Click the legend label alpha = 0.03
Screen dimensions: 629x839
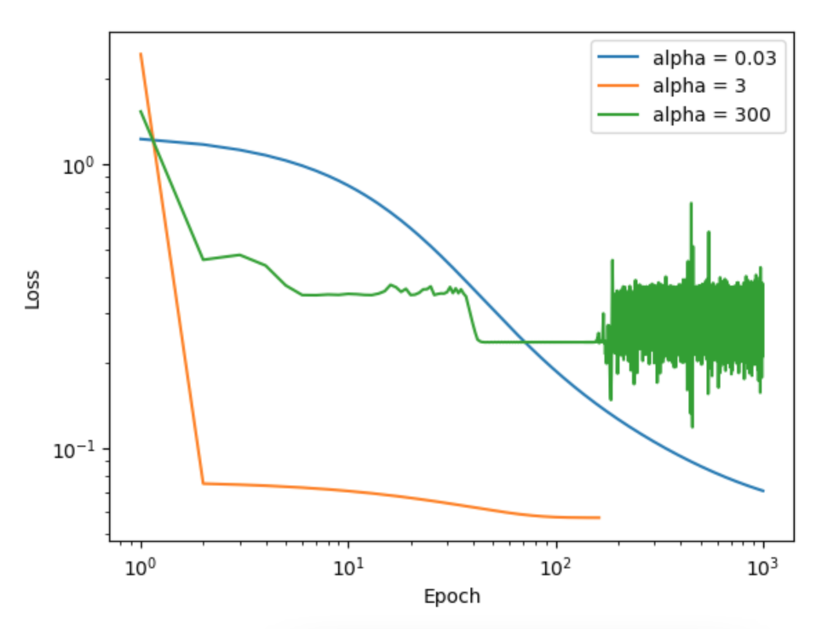(715, 59)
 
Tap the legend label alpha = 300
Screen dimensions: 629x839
(711, 114)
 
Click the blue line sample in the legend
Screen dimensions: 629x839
(620, 59)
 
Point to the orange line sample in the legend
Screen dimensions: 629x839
(620, 87)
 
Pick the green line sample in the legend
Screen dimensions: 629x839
(620, 114)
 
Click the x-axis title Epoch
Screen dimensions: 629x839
(452, 596)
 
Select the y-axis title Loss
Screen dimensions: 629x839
(32, 289)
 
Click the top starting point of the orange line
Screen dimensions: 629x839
(141, 54)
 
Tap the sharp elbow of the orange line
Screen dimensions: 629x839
(203, 483)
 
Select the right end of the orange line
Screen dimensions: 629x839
(599, 517)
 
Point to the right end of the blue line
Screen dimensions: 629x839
(763, 491)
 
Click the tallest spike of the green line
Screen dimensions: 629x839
(691, 203)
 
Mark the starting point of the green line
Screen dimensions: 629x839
(141, 111)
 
